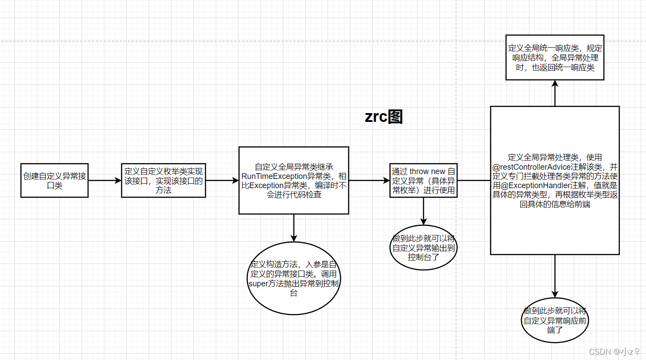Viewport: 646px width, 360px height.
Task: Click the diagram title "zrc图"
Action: click(x=384, y=117)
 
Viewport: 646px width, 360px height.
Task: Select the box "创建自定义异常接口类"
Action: click(x=54, y=181)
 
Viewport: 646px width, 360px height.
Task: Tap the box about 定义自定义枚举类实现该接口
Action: click(x=164, y=181)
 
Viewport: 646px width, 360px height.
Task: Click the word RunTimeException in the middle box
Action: click(x=274, y=176)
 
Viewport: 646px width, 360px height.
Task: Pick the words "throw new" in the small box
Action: click(x=427, y=171)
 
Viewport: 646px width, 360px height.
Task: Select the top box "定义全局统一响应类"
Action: click(x=555, y=57)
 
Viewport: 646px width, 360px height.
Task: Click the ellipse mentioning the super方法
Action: click(x=294, y=278)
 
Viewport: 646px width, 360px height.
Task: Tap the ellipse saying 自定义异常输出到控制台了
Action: click(x=423, y=248)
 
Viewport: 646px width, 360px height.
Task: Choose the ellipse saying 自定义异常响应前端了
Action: click(x=555, y=321)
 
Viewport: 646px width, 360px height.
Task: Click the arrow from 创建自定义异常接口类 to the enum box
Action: click(x=105, y=181)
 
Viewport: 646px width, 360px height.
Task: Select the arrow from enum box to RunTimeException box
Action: click(x=222, y=181)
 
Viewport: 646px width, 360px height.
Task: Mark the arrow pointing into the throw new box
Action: click(x=369, y=181)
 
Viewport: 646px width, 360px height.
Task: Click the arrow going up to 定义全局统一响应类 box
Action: click(x=555, y=93)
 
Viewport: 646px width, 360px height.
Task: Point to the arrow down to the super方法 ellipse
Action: click(x=294, y=228)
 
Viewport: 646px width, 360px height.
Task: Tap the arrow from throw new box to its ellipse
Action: click(x=423, y=211)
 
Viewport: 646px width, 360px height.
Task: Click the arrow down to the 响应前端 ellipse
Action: click(x=555, y=276)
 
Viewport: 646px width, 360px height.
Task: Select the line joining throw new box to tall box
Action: click(x=474, y=181)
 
